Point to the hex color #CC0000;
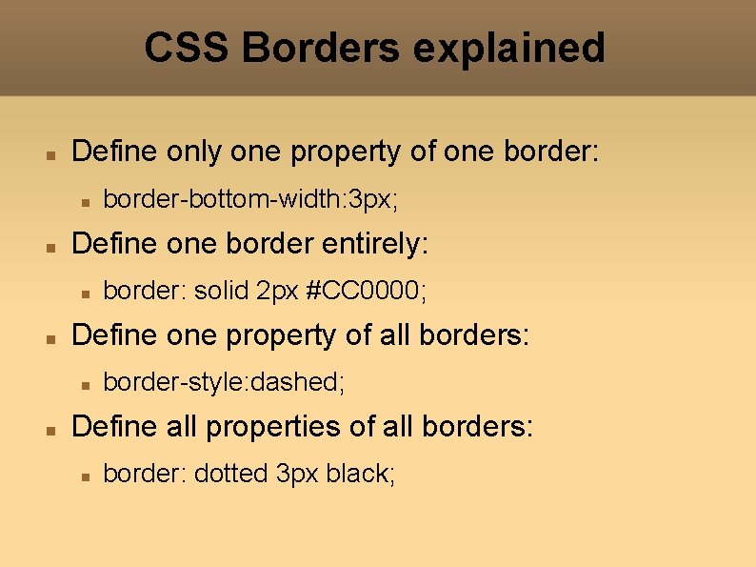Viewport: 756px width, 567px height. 367,292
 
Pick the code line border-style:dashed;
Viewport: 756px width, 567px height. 224,383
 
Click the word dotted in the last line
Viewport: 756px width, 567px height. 231,475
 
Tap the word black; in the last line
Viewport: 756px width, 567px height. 360,475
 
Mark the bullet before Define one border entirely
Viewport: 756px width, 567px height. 54,246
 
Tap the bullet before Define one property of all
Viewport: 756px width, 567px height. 54,337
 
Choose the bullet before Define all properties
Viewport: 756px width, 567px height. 54,429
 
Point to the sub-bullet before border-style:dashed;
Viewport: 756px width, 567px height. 85,385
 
